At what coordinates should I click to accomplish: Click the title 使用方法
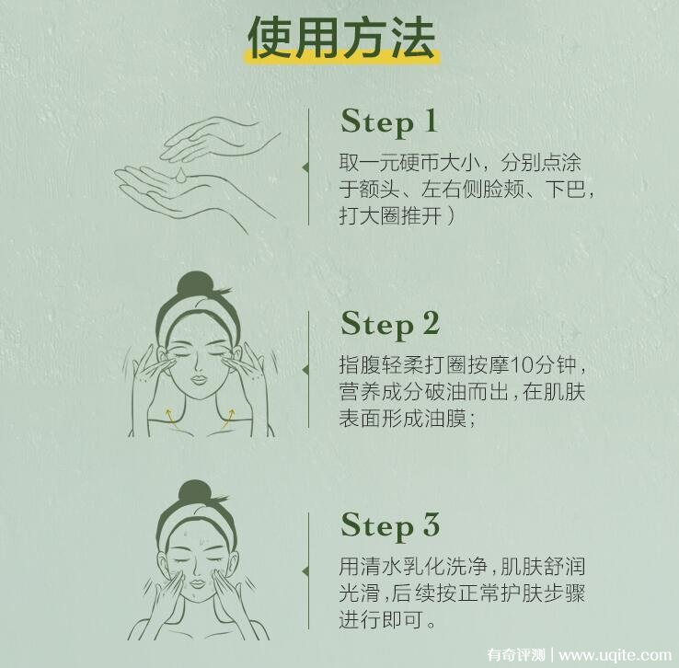pyautogui.click(x=341, y=38)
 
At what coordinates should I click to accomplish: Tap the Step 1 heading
pyautogui.click(x=388, y=122)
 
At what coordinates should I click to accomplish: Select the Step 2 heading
pyautogui.click(x=390, y=325)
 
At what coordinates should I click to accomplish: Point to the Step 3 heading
pyautogui.click(x=390, y=526)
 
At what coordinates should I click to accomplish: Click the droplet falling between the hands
pyautogui.click(x=181, y=175)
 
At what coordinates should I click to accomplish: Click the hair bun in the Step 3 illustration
pyautogui.click(x=195, y=492)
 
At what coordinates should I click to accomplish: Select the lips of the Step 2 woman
pyautogui.click(x=199, y=380)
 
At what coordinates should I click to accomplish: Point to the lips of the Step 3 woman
pyautogui.click(x=198, y=583)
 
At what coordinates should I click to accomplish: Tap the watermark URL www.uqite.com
pyautogui.click(x=615, y=654)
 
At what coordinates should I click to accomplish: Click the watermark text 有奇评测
pyautogui.click(x=516, y=654)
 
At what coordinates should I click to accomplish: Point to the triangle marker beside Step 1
pyautogui.click(x=305, y=167)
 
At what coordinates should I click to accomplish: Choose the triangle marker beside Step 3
pyautogui.click(x=305, y=571)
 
